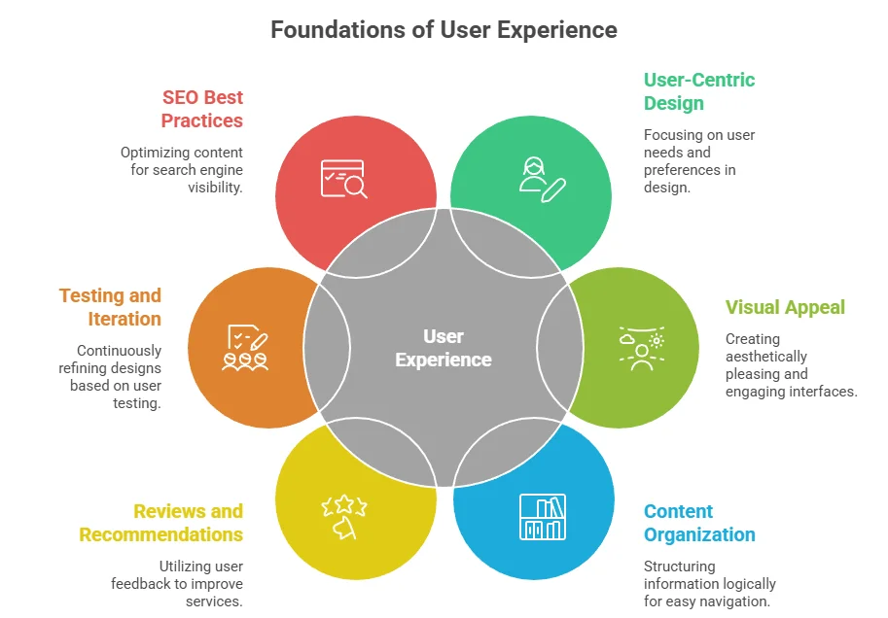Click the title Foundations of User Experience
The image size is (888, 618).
pyautogui.click(x=444, y=30)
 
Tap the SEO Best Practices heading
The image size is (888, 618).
pyautogui.click(x=202, y=109)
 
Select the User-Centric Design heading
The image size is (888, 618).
pyautogui.click(x=698, y=91)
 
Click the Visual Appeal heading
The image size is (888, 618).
pyautogui.click(x=784, y=307)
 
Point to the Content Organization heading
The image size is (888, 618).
pyautogui.click(x=698, y=523)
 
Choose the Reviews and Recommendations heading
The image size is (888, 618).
pyautogui.click(x=161, y=523)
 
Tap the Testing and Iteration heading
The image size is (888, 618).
pyautogui.click(x=110, y=307)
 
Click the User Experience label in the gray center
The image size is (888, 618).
pyautogui.click(x=444, y=348)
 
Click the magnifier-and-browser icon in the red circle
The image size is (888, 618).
pyautogui.click(x=343, y=179)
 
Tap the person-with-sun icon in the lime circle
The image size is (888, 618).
pyautogui.click(x=641, y=349)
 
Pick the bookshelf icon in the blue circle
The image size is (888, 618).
pyautogui.click(x=541, y=518)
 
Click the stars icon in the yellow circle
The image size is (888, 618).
pyautogui.click(x=343, y=515)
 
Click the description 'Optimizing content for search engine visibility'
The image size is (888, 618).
pyautogui.click(x=181, y=170)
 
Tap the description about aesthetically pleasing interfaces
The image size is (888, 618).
pyautogui.click(x=790, y=365)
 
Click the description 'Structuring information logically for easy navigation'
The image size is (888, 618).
pyautogui.click(x=709, y=584)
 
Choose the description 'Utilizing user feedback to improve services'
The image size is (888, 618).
pyautogui.click(x=179, y=584)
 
